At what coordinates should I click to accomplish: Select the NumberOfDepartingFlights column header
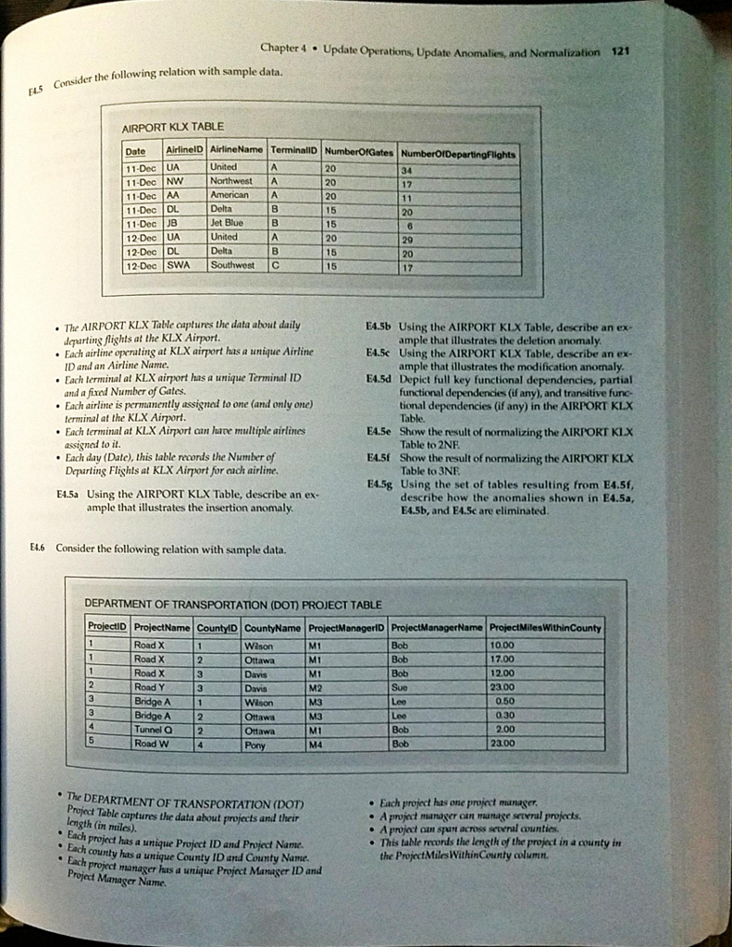click(472, 153)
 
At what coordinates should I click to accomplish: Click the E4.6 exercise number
click(38, 547)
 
